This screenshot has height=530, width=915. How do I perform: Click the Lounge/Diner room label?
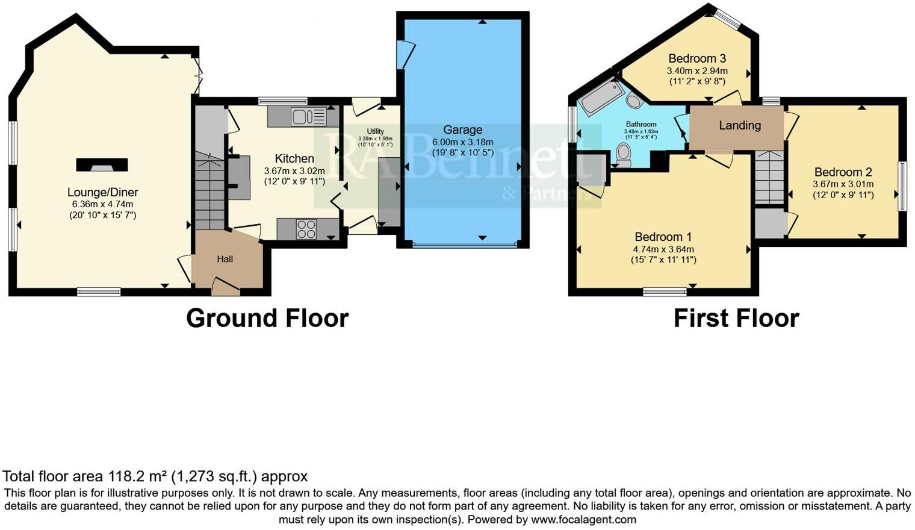102,193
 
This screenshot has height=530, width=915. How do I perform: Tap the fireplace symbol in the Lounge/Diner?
102,164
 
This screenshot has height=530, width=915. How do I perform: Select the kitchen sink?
308,116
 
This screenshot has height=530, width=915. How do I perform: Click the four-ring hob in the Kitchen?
306,229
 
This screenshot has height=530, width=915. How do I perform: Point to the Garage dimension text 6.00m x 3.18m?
462,142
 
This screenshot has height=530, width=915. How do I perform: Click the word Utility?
375,131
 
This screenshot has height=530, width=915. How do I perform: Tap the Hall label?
225,259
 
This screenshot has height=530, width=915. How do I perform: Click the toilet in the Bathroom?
623,155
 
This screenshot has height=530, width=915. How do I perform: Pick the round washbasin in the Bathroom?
634,100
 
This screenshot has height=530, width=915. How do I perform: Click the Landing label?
739,125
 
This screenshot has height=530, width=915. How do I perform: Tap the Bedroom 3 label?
697,58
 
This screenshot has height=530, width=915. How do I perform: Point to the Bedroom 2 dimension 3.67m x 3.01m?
843,184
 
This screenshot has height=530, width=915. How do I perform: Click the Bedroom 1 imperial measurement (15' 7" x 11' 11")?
663,260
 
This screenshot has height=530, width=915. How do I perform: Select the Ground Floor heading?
267,318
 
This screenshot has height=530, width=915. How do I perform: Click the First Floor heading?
736,318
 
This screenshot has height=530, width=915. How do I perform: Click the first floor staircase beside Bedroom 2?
769,178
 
